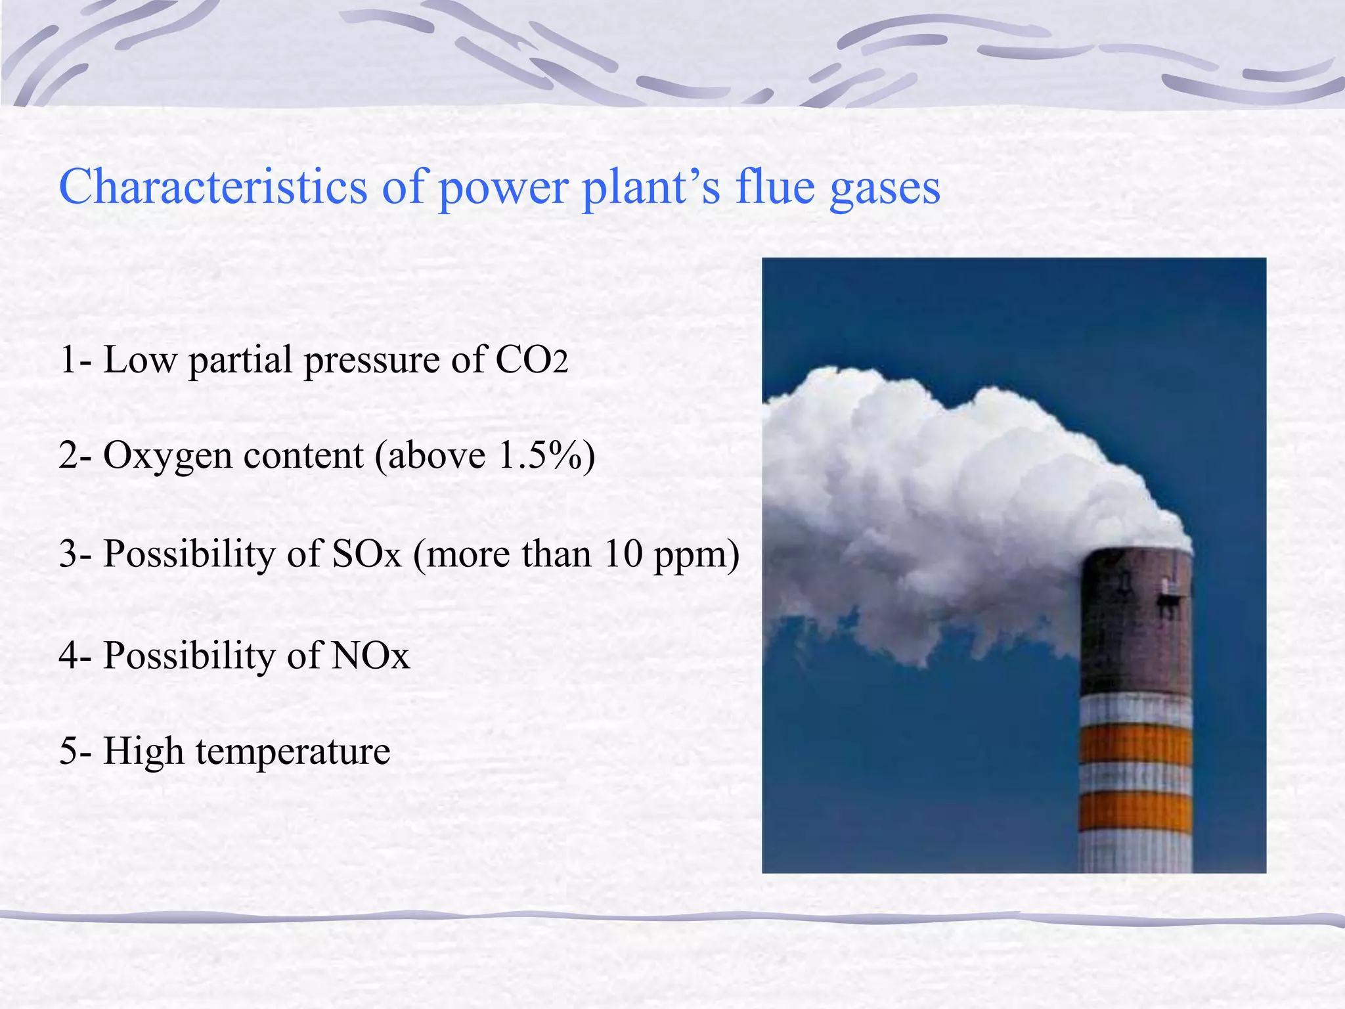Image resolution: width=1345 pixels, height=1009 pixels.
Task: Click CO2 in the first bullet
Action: [x=531, y=360]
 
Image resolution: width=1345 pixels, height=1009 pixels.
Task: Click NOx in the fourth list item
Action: [x=370, y=655]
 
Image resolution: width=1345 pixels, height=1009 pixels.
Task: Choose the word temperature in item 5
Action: [x=293, y=751]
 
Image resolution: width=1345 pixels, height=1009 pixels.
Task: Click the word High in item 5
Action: [x=143, y=751]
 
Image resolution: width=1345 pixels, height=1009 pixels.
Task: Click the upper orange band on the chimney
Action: [x=1136, y=746]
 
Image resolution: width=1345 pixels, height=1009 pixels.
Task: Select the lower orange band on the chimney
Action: [x=1136, y=813]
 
